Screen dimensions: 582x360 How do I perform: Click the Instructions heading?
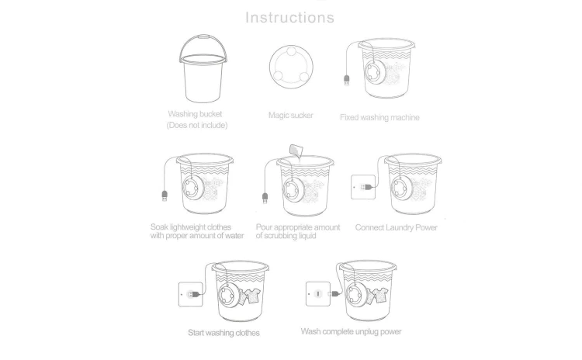click(290, 17)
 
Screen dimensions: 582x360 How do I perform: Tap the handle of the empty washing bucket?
click(203, 36)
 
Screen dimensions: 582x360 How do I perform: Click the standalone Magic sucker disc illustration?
click(291, 67)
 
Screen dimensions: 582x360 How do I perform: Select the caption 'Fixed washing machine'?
click(379, 117)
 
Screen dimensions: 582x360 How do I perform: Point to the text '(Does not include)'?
click(197, 125)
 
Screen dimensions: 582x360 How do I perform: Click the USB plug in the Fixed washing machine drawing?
click(346, 80)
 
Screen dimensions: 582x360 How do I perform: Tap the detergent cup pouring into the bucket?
click(296, 151)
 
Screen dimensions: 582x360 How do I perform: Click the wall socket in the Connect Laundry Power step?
click(363, 187)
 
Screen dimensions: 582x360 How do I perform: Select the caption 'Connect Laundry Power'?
click(396, 227)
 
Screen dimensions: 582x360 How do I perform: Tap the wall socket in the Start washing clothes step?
click(190, 294)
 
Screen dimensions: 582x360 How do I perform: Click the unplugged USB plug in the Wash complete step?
click(334, 293)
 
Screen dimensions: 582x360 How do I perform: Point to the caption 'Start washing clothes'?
click(223, 333)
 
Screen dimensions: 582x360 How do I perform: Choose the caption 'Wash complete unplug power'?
click(351, 331)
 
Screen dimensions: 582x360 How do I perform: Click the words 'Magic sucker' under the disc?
click(291, 115)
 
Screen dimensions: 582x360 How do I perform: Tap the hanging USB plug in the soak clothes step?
click(165, 196)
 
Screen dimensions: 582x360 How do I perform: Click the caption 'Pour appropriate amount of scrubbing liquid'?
click(298, 231)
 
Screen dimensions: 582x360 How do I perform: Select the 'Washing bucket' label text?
click(195, 113)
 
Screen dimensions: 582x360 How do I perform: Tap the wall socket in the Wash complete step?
click(318, 294)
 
